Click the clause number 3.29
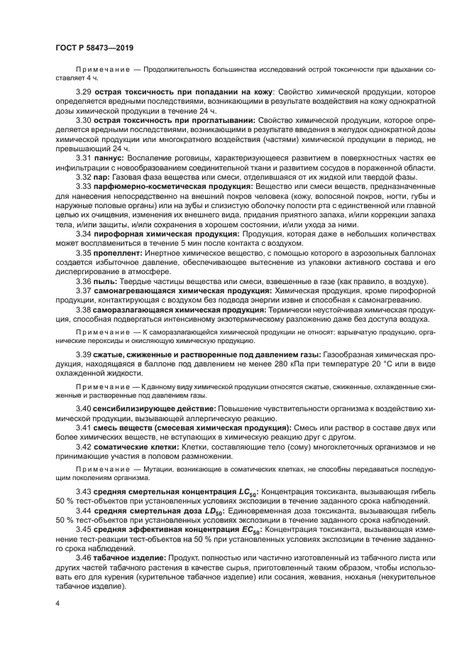tap(84, 93)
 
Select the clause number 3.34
tap(84, 233)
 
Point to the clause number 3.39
tap(84, 354)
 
